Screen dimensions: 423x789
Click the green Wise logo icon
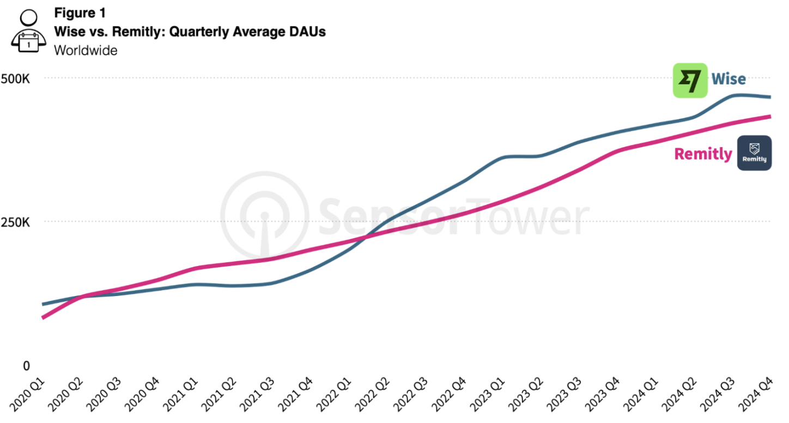tap(690, 80)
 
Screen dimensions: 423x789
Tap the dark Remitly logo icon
tap(754, 153)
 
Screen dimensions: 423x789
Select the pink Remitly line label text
tap(703, 154)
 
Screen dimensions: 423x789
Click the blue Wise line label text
tap(728, 79)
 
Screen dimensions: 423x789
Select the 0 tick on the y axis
tap(26, 365)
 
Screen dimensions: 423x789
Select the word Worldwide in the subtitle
tap(86, 50)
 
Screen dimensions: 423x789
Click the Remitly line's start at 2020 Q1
tap(43, 317)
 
